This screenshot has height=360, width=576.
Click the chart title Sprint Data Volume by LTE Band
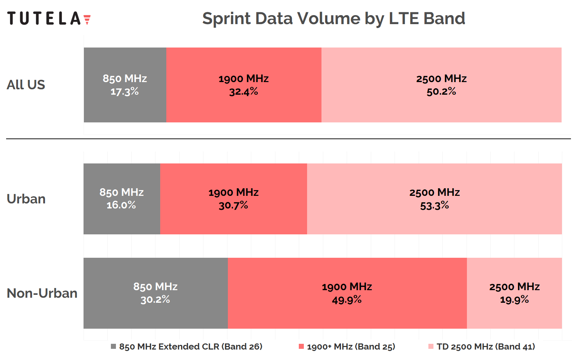[333, 18]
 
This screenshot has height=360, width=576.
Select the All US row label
[26, 85]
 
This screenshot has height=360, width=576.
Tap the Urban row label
[26, 199]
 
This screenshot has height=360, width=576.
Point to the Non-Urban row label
[42, 293]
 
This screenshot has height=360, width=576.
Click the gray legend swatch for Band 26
[113, 346]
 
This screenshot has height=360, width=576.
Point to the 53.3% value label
[435, 206]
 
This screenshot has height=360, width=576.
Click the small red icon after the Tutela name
[87, 19]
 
